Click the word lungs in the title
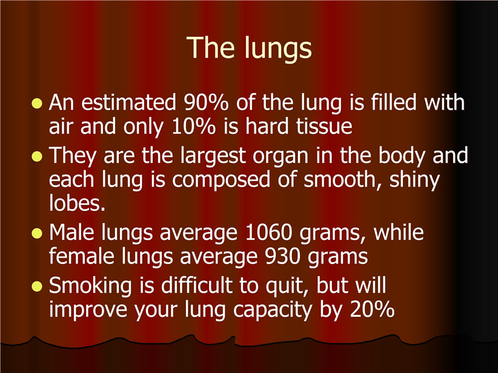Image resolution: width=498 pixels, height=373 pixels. tap(278, 48)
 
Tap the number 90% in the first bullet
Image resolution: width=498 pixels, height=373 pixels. tap(206, 102)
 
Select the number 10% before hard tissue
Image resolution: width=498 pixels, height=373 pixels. tap(193, 126)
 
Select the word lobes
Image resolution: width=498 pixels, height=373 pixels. tap(77, 203)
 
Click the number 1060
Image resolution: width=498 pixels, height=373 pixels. tap(269, 233)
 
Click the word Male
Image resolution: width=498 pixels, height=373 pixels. tap(71, 232)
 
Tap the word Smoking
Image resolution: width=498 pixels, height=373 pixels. tap(90, 286)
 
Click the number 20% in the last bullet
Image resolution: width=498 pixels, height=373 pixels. tap(372, 309)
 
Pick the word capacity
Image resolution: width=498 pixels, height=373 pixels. tap(273, 310)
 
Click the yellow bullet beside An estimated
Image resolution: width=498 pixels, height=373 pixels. tap(37, 104)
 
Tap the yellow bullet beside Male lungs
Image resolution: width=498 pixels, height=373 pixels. tap(37, 233)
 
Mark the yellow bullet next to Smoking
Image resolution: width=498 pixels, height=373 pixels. tap(37, 286)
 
